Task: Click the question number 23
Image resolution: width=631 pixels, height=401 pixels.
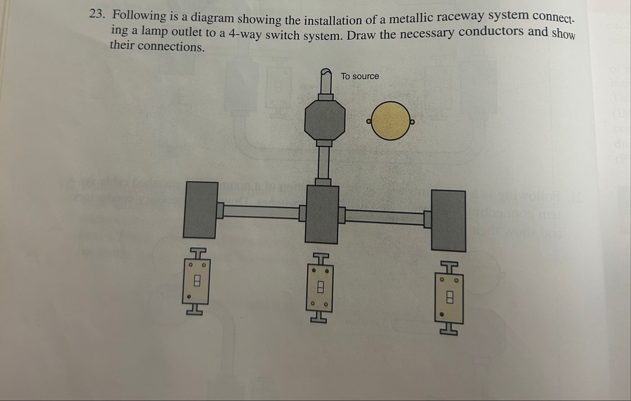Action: pyautogui.click(x=97, y=14)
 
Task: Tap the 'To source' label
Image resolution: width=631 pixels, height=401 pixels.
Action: pyautogui.click(x=359, y=76)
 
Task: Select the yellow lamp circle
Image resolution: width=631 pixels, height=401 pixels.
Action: pyautogui.click(x=391, y=121)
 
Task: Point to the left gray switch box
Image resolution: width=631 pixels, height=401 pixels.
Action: pyautogui.click(x=201, y=209)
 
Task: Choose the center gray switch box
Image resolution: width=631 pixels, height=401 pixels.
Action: pyautogui.click(x=323, y=214)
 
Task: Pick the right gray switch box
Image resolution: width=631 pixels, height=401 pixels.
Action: pyautogui.click(x=448, y=220)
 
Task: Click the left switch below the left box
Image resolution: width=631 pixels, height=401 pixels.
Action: pyautogui.click(x=196, y=281)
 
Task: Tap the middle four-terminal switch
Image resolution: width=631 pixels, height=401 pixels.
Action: pyautogui.click(x=320, y=287)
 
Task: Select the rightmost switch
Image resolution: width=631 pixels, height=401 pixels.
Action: pyautogui.click(x=449, y=298)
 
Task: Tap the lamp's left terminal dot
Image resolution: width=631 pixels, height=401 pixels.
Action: pyautogui.click(x=369, y=122)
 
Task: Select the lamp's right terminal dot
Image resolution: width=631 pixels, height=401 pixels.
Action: pyautogui.click(x=412, y=123)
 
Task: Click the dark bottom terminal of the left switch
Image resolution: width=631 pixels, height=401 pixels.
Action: pyautogui.click(x=189, y=296)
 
